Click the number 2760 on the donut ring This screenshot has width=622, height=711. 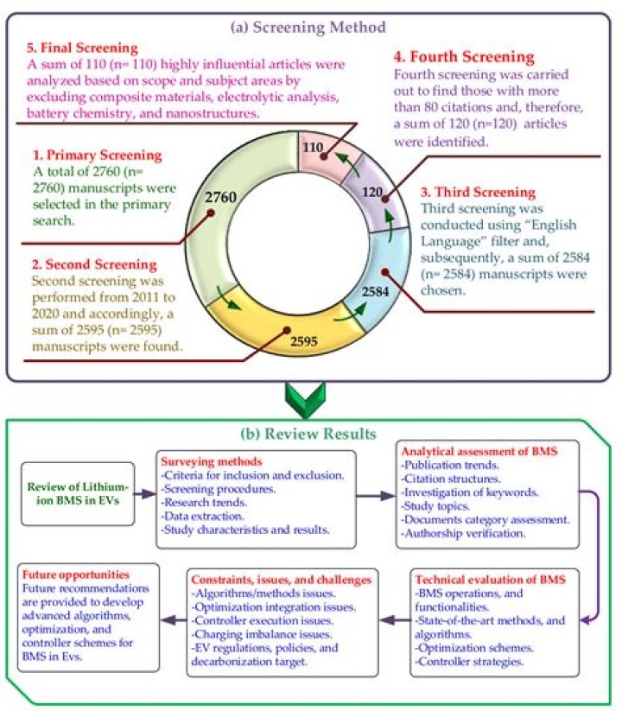click(x=220, y=197)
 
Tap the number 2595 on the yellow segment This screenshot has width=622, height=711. click(x=304, y=341)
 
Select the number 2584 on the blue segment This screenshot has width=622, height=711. click(x=376, y=291)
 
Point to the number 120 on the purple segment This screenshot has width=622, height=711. click(x=372, y=192)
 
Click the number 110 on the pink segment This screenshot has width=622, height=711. click(x=313, y=147)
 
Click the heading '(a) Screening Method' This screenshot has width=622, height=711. click(x=308, y=27)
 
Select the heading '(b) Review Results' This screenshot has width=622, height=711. click(x=308, y=434)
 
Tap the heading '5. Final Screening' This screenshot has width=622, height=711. click(x=83, y=48)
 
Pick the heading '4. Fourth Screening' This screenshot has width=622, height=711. click(x=464, y=57)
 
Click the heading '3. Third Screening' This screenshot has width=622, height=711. click(x=479, y=192)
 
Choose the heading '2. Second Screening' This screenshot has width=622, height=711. click(x=94, y=263)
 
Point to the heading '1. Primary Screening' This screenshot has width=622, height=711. click(x=97, y=156)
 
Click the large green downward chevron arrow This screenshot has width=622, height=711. click(x=305, y=400)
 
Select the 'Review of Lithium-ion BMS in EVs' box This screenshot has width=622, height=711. click(x=78, y=494)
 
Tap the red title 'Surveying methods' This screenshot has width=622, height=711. click(x=212, y=461)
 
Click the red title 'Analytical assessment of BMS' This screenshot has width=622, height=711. click(x=479, y=451)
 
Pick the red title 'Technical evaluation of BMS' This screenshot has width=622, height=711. click(x=490, y=580)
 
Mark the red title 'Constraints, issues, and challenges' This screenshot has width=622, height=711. click(x=281, y=580)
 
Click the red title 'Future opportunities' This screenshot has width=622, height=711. click(x=76, y=575)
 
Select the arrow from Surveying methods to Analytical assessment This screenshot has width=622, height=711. click(x=376, y=496)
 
